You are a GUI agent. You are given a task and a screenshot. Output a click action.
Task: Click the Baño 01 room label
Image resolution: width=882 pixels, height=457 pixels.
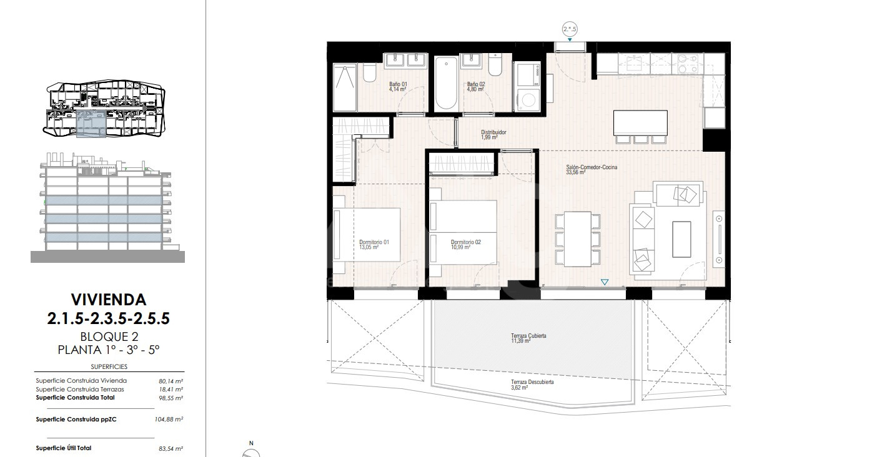click(x=398, y=87)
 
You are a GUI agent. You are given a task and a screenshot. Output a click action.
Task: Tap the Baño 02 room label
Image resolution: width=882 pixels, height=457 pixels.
click(x=475, y=87)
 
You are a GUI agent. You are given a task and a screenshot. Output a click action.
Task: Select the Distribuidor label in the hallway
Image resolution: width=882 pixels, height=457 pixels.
click(x=493, y=135)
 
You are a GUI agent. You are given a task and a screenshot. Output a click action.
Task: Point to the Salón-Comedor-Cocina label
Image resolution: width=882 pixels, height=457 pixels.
click(x=592, y=170)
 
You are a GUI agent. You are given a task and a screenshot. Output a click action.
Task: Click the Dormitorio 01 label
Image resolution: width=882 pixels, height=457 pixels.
click(x=374, y=245)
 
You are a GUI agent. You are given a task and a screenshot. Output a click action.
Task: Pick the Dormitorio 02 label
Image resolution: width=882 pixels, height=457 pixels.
click(x=465, y=245)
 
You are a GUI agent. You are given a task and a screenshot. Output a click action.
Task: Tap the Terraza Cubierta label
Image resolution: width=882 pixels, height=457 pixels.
click(x=528, y=338)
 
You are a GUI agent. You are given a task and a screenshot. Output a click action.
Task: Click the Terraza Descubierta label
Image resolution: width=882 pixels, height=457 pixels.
click(x=532, y=385)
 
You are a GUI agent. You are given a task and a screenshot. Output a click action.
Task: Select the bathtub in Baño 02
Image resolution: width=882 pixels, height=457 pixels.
click(x=446, y=84)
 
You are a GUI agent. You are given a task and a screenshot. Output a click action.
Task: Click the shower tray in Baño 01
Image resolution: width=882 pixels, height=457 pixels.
click(x=345, y=88)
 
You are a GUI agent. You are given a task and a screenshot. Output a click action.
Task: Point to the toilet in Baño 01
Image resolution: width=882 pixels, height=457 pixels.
click(x=369, y=73)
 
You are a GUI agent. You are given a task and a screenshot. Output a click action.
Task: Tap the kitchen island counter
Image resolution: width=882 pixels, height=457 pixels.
click(x=640, y=123)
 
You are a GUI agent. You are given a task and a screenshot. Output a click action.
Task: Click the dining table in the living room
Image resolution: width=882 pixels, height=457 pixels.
click(x=578, y=239)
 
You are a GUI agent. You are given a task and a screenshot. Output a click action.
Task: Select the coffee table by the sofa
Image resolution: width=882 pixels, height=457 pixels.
click(x=681, y=239)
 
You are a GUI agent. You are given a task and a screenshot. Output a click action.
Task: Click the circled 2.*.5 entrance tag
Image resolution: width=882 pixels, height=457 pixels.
click(x=569, y=29)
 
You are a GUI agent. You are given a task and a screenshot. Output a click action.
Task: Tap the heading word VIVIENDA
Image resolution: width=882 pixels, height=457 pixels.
click(x=109, y=300)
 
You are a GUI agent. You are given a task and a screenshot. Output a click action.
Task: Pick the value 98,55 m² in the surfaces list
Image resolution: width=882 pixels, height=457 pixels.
click(x=171, y=398)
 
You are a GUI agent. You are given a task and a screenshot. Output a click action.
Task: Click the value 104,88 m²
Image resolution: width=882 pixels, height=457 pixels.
click(x=169, y=420)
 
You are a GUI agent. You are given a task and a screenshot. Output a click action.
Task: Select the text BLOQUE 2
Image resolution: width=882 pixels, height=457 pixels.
click(x=109, y=337)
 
